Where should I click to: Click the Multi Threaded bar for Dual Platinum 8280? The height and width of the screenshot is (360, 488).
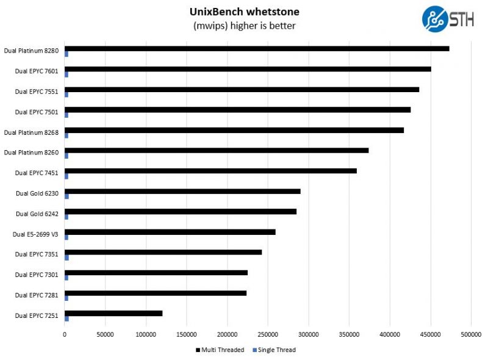point(257,49)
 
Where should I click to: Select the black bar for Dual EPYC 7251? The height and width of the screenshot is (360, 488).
point(113,313)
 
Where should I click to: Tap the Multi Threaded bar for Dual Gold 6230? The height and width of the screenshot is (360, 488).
point(182,191)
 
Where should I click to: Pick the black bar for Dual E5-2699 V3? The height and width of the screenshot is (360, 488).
point(170,232)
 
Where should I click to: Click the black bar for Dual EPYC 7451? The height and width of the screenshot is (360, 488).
point(210,171)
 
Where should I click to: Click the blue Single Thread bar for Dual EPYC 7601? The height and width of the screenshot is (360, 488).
point(66,74)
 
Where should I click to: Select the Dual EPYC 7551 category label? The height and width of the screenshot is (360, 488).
point(37,92)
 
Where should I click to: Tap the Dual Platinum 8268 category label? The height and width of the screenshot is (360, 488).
point(32,132)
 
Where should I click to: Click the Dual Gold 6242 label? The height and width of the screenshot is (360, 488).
point(37,214)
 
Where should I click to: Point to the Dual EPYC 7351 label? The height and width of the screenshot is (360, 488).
point(37,254)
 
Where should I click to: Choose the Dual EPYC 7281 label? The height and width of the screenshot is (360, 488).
point(37,295)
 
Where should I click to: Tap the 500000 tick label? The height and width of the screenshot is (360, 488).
point(470,335)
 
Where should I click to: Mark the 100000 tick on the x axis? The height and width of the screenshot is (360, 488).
point(146,335)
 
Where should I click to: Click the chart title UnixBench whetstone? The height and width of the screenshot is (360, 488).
point(244,12)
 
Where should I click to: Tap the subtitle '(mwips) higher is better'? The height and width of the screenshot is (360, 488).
point(244,26)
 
